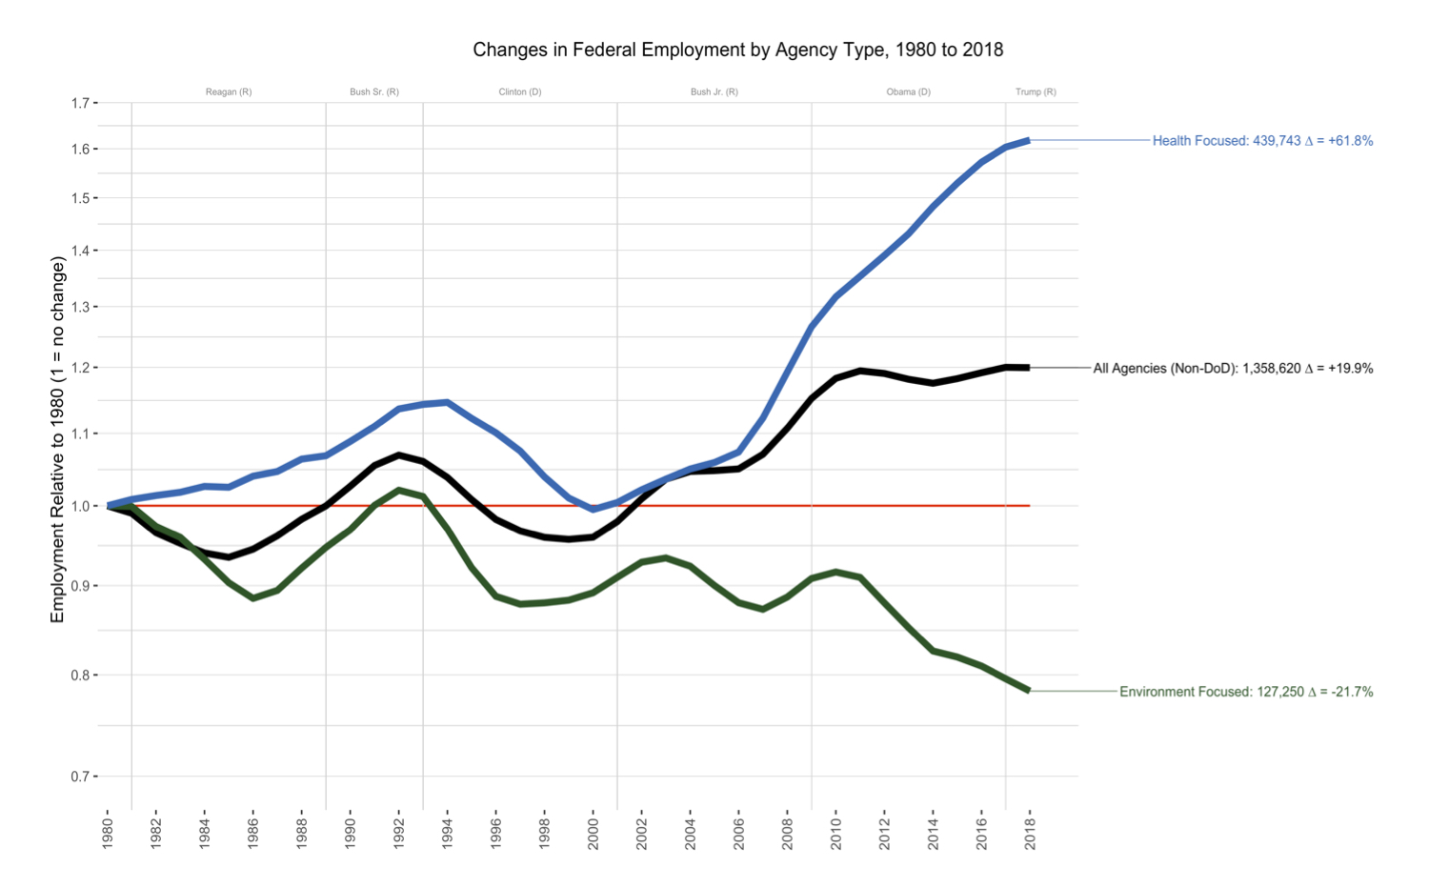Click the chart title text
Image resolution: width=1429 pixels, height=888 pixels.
click(x=737, y=50)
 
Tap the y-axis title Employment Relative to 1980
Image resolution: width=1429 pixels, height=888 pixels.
click(x=58, y=439)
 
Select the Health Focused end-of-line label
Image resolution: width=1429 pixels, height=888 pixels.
click(x=1262, y=141)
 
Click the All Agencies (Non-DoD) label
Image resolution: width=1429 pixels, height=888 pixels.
click(x=1233, y=369)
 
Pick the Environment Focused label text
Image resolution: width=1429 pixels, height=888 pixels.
click(x=1246, y=692)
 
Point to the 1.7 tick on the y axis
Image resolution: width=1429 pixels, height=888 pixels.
click(x=84, y=103)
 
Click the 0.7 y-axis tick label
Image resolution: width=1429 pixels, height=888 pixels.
click(x=84, y=777)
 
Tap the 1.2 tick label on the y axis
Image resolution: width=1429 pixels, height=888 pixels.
click(x=84, y=368)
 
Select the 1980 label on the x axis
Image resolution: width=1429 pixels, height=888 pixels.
click(x=108, y=833)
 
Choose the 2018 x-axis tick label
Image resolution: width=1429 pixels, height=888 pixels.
click(x=1030, y=833)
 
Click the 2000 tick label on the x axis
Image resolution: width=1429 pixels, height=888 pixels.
click(x=593, y=833)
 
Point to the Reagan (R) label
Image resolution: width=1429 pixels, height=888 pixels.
click(x=229, y=92)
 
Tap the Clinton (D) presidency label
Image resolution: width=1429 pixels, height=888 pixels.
click(x=520, y=92)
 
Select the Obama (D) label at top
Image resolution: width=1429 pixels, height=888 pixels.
click(x=908, y=92)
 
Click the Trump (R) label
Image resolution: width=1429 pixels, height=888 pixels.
click(x=1036, y=92)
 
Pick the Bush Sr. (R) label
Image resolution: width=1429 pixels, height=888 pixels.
click(x=374, y=92)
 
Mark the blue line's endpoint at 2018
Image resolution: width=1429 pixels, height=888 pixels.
click(x=1029, y=140)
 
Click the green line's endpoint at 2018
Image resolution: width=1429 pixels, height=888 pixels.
click(x=1029, y=691)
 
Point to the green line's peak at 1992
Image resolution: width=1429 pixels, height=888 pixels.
click(x=398, y=490)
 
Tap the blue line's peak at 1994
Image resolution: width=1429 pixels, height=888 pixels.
click(x=447, y=402)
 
